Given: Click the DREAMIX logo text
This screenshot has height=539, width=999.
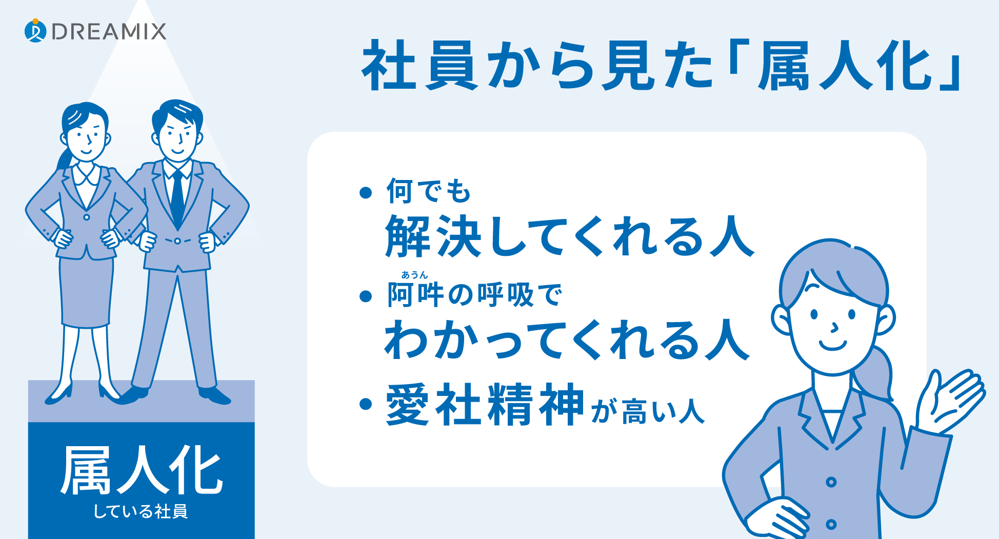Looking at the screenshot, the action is (x=109, y=31).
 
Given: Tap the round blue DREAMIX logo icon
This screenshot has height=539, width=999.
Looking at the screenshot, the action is (x=35, y=31).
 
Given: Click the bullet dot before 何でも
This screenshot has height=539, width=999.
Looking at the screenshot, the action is (x=366, y=193).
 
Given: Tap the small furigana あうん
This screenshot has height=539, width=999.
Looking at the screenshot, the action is (x=414, y=275).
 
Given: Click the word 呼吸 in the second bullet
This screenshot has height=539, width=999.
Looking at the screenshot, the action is (x=506, y=295).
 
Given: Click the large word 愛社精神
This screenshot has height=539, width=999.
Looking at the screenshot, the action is (x=485, y=404).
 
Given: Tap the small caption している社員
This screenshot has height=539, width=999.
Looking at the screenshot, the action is (x=141, y=511).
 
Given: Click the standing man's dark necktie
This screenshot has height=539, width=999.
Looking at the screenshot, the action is (x=177, y=197).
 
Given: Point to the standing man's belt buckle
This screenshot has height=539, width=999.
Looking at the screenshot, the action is (x=177, y=241).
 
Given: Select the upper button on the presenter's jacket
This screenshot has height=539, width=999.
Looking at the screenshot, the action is (x=831, y=482).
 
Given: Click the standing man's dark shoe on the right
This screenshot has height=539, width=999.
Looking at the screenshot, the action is (x=214, y=395).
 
